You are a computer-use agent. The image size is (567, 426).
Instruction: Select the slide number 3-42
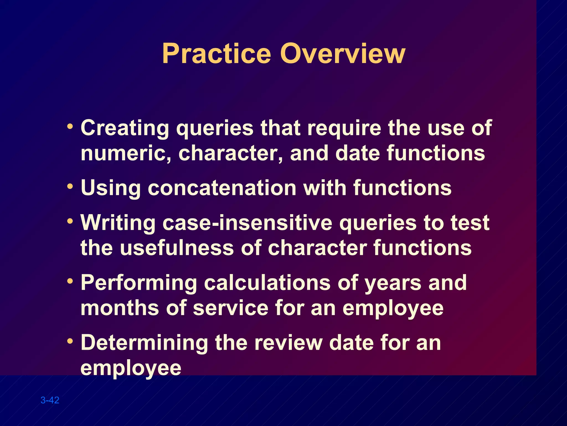coord(50,400)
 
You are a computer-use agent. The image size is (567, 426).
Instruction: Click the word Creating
coord(125,128)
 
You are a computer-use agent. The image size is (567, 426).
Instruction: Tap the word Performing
coord(139,283)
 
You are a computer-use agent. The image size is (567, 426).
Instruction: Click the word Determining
coord(144,343)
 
